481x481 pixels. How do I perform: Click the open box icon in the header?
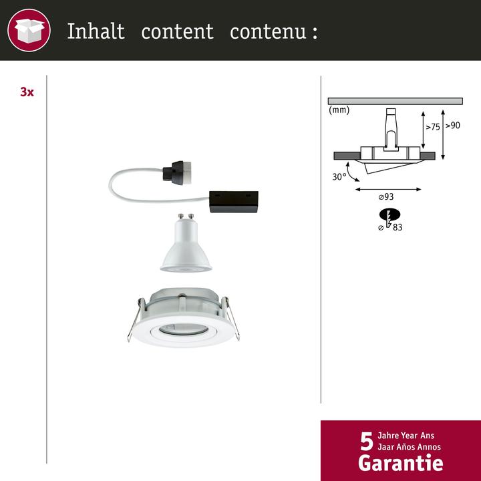(x=29, y=31)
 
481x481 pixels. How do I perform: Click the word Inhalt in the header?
(x=96, y=31)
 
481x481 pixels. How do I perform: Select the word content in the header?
(x=177, y=31)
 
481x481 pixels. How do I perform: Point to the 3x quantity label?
(x=27, y=92)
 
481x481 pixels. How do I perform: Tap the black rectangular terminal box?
(x=234, y=200)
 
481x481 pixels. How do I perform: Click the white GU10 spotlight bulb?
(x=186, y=247)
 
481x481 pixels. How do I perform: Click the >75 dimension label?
(x=433, y=126)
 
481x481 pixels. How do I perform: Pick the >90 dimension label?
(x=453, y=125)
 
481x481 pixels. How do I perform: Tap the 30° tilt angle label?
(x=340, y=176)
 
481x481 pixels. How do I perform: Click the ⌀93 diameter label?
(x=386, y=197)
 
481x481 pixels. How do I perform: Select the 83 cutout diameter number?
(x=398, y=227)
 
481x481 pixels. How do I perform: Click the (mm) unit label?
(x=339, y=110)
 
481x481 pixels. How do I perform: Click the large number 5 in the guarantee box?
(x=366, y=441)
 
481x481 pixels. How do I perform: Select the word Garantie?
(x=400, y=462)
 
